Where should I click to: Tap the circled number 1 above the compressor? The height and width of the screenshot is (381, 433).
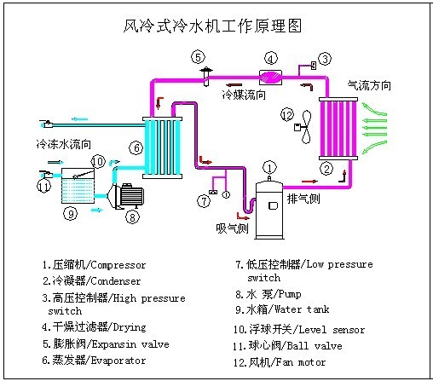point(269,166)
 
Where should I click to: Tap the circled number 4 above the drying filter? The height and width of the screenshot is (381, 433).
point(270,58)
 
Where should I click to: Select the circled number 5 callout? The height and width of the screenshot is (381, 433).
point(198,57)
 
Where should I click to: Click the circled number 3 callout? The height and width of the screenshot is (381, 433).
point(325,58)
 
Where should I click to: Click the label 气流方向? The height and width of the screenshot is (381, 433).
point(369,86)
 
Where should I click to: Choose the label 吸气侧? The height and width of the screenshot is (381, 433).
point(231,228)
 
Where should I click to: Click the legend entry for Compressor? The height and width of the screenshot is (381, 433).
point(94,265)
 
